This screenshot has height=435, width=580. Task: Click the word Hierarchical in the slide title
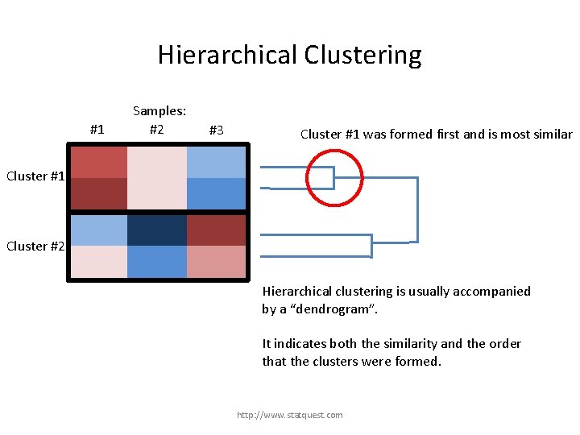[227, 55]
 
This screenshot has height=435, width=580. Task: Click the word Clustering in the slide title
[362, 55]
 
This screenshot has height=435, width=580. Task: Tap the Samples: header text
[159, 111]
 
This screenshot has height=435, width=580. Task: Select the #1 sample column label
[97, 130]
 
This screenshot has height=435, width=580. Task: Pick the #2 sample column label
[157, 130]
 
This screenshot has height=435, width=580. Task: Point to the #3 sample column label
[216, 130]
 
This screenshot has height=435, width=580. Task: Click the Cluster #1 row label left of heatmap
[35, 176]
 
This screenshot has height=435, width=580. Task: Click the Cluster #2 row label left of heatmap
[35, 246]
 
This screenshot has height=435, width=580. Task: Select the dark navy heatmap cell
[157, 230]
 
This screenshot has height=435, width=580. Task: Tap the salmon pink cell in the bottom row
[217, 262]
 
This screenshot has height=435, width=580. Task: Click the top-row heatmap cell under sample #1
[98, 162]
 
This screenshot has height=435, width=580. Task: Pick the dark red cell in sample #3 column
[217, 230]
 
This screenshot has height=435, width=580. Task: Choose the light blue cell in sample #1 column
[98, 230]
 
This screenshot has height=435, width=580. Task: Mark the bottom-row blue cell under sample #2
[157, 262]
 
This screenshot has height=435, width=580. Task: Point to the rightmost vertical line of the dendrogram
[417, 209]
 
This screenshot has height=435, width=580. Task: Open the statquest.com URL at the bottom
[289, 415]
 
